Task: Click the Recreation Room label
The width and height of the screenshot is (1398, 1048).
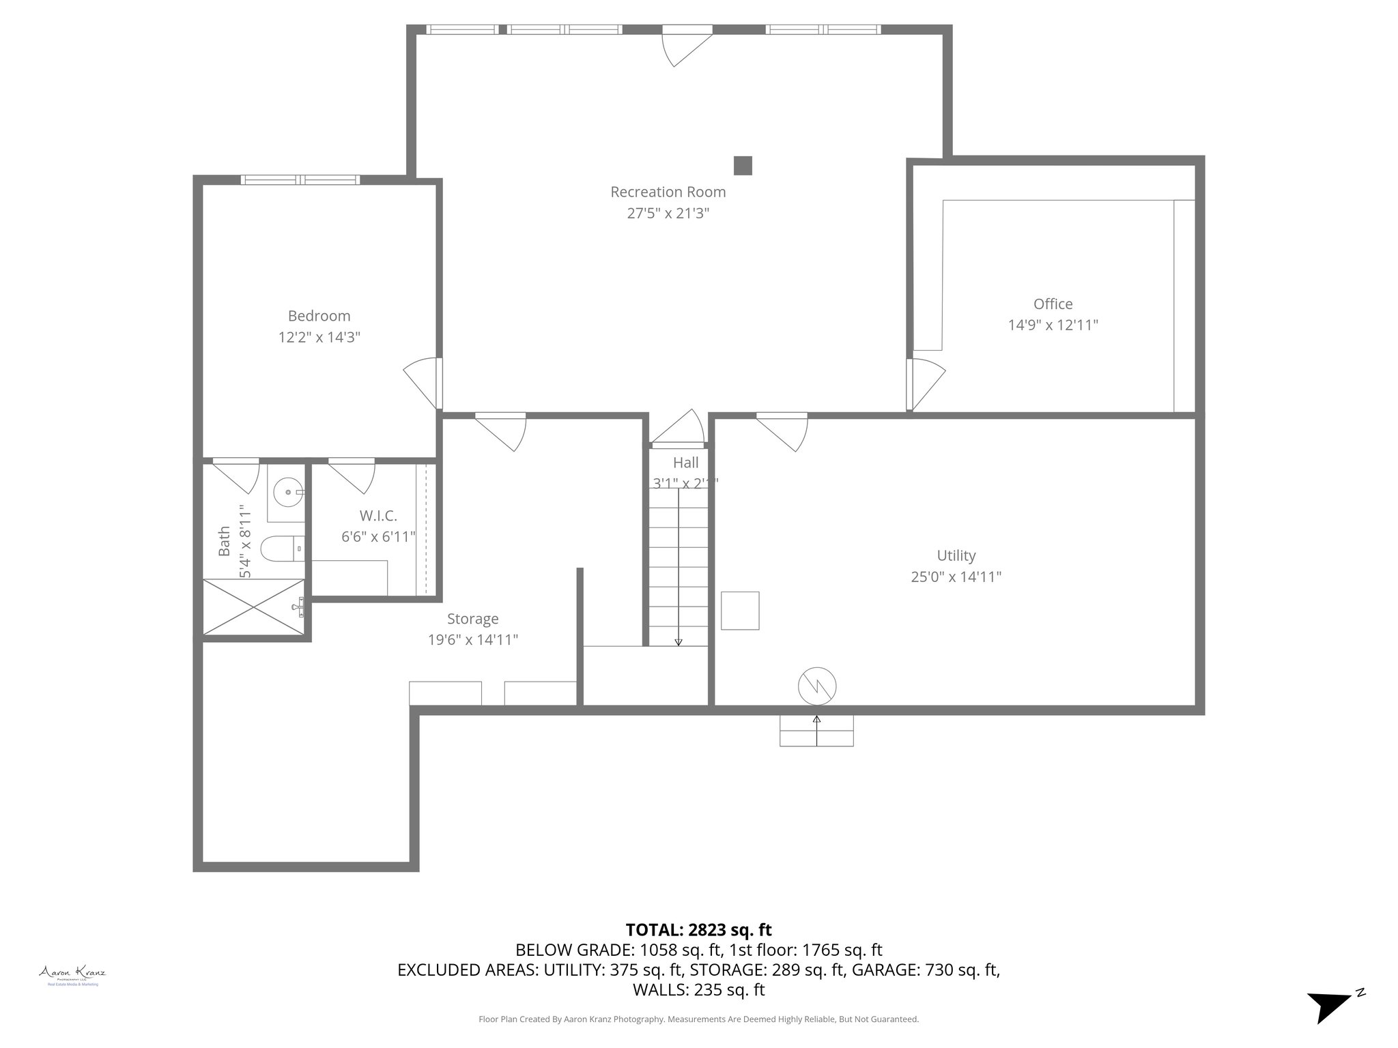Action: tap(668, 192)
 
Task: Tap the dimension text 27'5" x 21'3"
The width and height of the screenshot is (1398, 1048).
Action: tap(668, 214)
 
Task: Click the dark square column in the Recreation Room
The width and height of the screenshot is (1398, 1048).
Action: tap(742, 166)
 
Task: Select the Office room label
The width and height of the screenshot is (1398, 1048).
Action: tap(1053, 304)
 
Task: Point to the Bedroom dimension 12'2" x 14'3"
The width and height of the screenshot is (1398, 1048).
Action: tap(319, 337)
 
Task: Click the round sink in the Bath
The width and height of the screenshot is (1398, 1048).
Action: tap(286, 491)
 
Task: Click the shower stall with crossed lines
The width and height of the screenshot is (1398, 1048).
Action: tap(253, 607)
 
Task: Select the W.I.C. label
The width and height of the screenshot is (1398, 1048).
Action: tap(377, 516)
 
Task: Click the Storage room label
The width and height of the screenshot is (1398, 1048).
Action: tap(472, 619)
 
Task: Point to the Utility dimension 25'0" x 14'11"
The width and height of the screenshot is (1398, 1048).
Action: tap(956, 577)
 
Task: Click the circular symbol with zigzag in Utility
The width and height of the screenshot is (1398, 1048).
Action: tap(817, 686)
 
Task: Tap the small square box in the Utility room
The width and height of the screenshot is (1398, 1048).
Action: tap(740, 611)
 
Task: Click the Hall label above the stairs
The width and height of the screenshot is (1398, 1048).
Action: tap(685, 463)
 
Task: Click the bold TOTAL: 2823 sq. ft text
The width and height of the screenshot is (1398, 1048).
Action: tap(698, 930)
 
